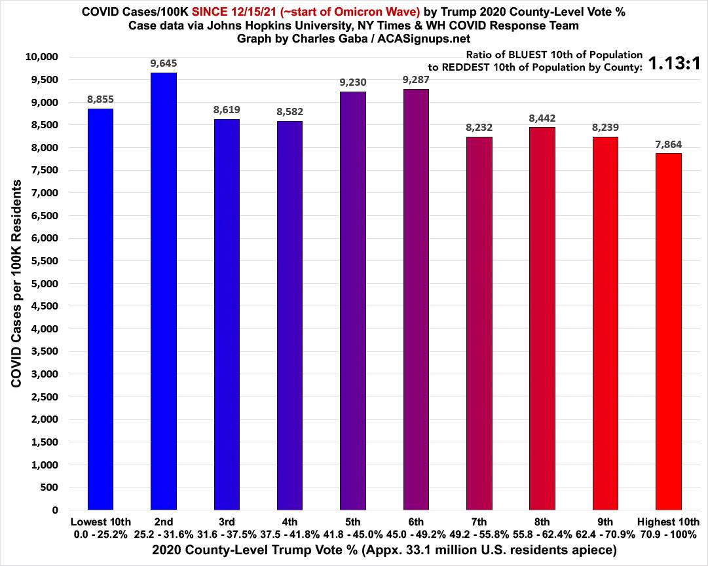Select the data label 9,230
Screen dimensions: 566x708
tap(353, 83)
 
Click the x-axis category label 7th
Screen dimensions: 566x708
tap(479, 522)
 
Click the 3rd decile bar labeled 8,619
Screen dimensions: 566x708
tap(227, 314)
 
